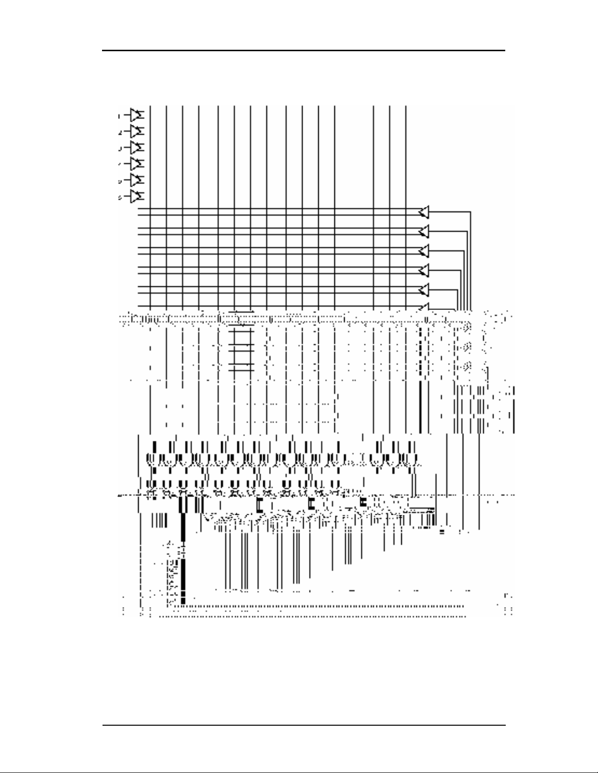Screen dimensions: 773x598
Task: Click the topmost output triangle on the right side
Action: tap(424, 212)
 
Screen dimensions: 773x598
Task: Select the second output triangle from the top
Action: tap(424, 231)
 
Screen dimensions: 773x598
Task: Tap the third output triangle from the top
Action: tap(424, 251)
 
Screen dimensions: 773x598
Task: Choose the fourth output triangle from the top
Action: tap(424, 270)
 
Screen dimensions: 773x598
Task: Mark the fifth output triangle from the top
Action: tap(424, 289)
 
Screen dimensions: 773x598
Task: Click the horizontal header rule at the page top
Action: tap(303, 50)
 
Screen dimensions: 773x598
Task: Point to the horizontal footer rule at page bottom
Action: tap(303, 725)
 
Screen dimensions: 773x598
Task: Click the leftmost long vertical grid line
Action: tap(150, 205)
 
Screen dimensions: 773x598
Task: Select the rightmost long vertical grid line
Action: tap(406, 205)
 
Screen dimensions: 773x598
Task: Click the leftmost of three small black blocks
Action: tap(259, 505)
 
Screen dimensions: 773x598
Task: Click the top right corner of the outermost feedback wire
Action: tap(471, 212)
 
